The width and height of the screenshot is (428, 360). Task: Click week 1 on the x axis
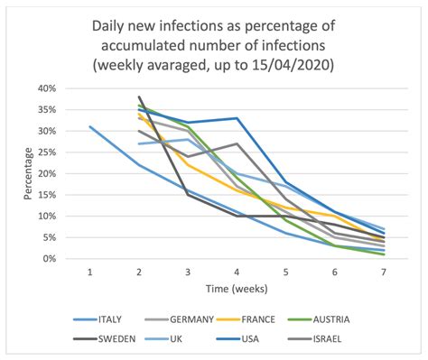90,272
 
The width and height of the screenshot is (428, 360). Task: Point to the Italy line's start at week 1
90,127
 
